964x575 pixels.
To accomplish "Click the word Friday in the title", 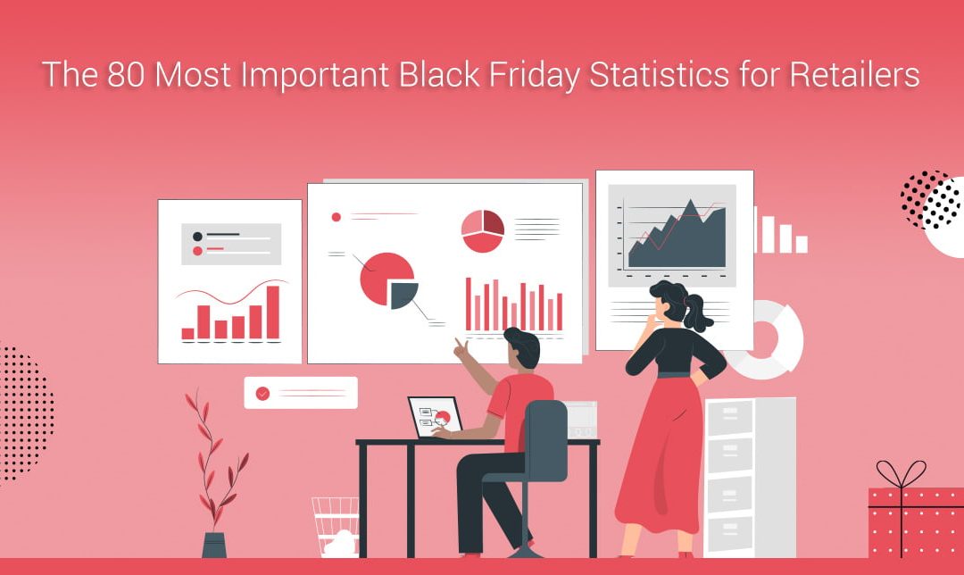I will (x=531, y=75).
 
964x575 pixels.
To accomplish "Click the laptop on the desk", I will (x=436, y=416).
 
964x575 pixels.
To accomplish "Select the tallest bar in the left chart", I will (x=272, y=312).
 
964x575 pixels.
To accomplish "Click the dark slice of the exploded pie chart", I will (x=403, y=294).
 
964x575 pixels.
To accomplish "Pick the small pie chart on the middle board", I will (x=483, y=230).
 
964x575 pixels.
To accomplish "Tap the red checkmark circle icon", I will (x=262, y=393).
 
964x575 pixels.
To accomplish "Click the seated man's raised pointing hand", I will (x=461, y=347).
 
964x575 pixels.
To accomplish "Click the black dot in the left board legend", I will (x=197, y=236).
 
